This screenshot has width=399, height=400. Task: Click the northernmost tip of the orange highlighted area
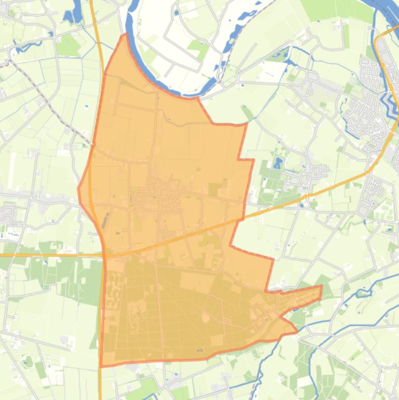point(125,35)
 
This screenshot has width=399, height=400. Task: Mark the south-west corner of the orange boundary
point(101,366)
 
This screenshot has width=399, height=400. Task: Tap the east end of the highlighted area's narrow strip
point(321,291)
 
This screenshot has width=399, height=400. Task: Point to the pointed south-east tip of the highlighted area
point(297,331)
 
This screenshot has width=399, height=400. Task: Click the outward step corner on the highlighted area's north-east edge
point(253,160)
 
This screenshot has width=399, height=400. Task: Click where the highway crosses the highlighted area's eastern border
point(242,217)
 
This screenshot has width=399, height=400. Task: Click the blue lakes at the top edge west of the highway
point(73,13)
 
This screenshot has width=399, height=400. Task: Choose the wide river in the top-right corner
point(387,10)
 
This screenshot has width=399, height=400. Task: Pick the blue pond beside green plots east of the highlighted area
point(278,164)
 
